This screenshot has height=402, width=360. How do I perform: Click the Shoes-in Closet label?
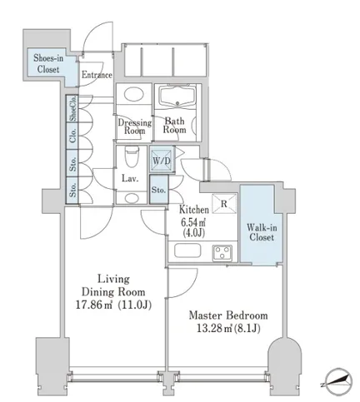coord(48,63)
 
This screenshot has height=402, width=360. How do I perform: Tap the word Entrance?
coord(97,75)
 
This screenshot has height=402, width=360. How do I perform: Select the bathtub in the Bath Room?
coord(177,96)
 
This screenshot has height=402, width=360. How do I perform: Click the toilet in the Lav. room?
coord(131,156)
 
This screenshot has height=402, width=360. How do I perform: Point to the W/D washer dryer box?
coord(162,161)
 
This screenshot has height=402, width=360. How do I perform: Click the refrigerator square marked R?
coord(224,204)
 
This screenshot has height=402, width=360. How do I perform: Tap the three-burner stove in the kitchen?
coord(222,253)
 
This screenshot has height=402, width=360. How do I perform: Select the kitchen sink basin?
coord(187,251)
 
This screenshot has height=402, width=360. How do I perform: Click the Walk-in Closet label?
coord(262,232)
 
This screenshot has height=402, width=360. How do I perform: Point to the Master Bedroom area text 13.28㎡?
coord(213,329)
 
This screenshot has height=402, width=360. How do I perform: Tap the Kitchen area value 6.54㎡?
coord(193,221)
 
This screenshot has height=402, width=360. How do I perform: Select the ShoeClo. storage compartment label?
coord(73,108)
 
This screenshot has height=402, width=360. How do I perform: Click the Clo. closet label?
coord(72,136)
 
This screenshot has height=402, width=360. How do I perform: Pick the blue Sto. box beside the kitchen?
coord(158,190)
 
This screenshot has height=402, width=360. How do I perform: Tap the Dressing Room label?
coord(135,127)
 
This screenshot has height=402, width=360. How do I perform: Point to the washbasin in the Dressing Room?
coord(134,94)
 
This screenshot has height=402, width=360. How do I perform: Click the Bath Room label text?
coord(174,125)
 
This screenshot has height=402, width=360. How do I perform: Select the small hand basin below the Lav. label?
coord(132,198)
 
